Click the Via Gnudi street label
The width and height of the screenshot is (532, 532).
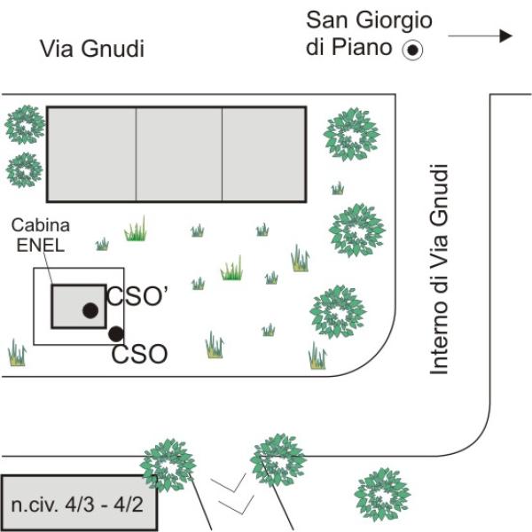tap(91, 49)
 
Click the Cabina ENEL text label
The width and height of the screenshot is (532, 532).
tap(40, 237)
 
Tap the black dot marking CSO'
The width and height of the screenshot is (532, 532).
tap(90, 309)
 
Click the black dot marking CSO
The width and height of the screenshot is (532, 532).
tap(115, 333)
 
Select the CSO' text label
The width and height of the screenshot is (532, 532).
tap(137, 297)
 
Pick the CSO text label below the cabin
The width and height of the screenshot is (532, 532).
tap(139, 355)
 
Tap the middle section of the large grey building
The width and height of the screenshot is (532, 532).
tap(178, 154)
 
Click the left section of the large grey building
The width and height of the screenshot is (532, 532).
tap(91, 154)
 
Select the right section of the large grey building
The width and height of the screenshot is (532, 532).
tap(263, 154)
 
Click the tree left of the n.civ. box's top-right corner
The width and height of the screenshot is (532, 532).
tap(167, 463)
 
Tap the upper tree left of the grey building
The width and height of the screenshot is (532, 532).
tap(24, 125)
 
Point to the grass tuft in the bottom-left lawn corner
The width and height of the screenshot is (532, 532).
tap(17, 354)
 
